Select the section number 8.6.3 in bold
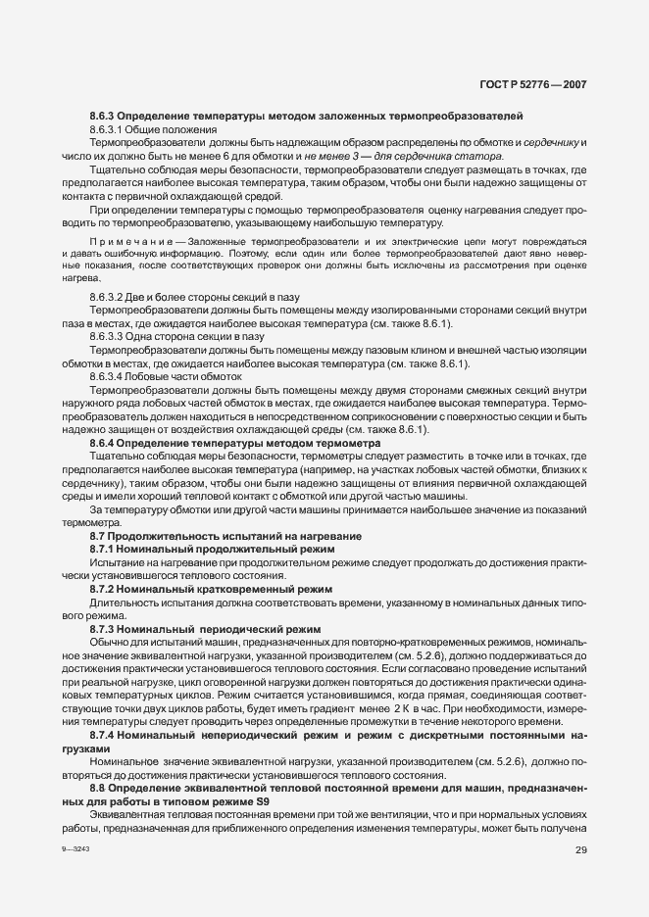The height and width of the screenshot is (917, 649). [x=104, y=116]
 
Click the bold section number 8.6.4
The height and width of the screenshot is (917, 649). [x=104, y=443]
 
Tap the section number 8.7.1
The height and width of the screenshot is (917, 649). [x=104, y=550]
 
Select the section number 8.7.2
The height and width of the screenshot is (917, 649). [x=104, y=590]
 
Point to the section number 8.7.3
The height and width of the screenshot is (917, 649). [x=104, y=629]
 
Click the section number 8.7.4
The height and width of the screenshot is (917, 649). [x=104, y=735]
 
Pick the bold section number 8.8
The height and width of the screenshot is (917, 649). [x=99, y=789]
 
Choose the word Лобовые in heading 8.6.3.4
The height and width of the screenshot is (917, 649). [x=154, y=376]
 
